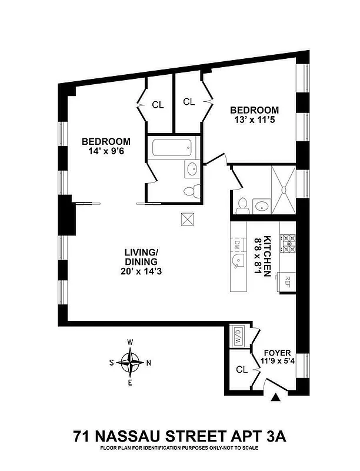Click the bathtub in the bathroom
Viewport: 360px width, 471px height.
point(173,147)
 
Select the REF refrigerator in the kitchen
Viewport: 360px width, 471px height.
point(289,280)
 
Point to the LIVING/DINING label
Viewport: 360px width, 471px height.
point(141,257)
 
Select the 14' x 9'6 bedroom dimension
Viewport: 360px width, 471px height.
point(106,152)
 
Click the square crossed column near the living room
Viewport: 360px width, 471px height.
point(188,218)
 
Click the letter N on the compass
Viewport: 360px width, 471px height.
point(148,363)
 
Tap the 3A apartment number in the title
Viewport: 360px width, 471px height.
point(274,437)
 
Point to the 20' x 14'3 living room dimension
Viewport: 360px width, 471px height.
point(141,271)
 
